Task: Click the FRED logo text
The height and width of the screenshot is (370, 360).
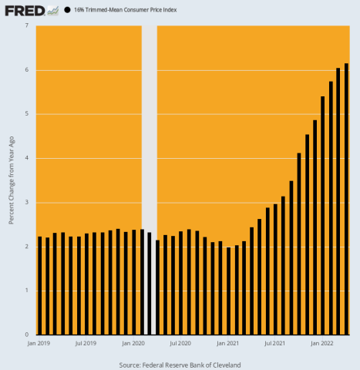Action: [x=23, y=11]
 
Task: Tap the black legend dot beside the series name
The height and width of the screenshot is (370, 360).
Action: [x=68, y=11]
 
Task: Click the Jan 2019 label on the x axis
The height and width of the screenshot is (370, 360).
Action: [x=39, y=342]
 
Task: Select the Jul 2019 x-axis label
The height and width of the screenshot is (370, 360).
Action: [x=86, y=342]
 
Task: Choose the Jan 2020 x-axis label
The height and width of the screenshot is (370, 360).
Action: [x=133, y=342]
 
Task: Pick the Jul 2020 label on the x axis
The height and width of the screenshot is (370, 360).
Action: [x=180, y=342]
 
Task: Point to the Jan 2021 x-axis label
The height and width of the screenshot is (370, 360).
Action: [x=228, y=342]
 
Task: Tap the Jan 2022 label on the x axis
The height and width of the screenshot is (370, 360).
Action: [x=322, y=342]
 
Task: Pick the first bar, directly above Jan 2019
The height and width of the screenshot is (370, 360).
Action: [x=39, y=285]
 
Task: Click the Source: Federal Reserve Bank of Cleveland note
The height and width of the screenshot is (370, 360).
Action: [x=180, y=363]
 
